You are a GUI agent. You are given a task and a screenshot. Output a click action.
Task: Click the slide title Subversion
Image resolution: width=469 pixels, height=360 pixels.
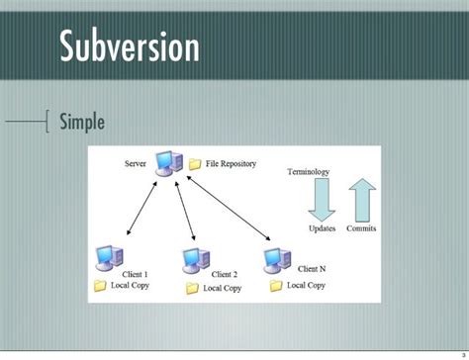[x=129, y=46]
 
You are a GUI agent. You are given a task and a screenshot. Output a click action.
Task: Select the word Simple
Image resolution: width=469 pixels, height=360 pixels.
[x=95, y=123]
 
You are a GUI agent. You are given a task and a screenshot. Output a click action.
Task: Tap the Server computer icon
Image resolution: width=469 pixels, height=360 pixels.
[x=169, y=163]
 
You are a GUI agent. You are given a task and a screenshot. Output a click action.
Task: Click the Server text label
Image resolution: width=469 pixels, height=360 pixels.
[x=138, y=161]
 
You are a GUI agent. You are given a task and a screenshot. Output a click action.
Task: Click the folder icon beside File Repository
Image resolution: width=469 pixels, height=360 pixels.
[x=195, y=163]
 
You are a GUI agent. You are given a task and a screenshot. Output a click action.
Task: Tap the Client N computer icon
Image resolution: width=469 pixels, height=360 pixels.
[x=276, y=261]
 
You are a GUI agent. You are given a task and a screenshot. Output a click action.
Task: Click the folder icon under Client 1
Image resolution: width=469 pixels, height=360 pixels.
[x=100, y=286]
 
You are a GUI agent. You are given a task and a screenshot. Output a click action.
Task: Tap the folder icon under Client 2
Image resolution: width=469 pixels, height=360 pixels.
[x=192, y=289]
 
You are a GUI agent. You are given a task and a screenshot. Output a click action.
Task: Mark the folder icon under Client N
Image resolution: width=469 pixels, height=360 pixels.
[x=276, y=285]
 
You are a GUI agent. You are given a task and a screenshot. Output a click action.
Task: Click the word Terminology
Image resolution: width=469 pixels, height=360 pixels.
[x=309, y=172]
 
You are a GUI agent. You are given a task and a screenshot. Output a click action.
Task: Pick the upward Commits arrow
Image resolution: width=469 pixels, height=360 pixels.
[x=360, y=199]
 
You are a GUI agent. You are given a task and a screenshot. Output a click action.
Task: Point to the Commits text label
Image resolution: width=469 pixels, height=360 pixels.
[x=360, y=228]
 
